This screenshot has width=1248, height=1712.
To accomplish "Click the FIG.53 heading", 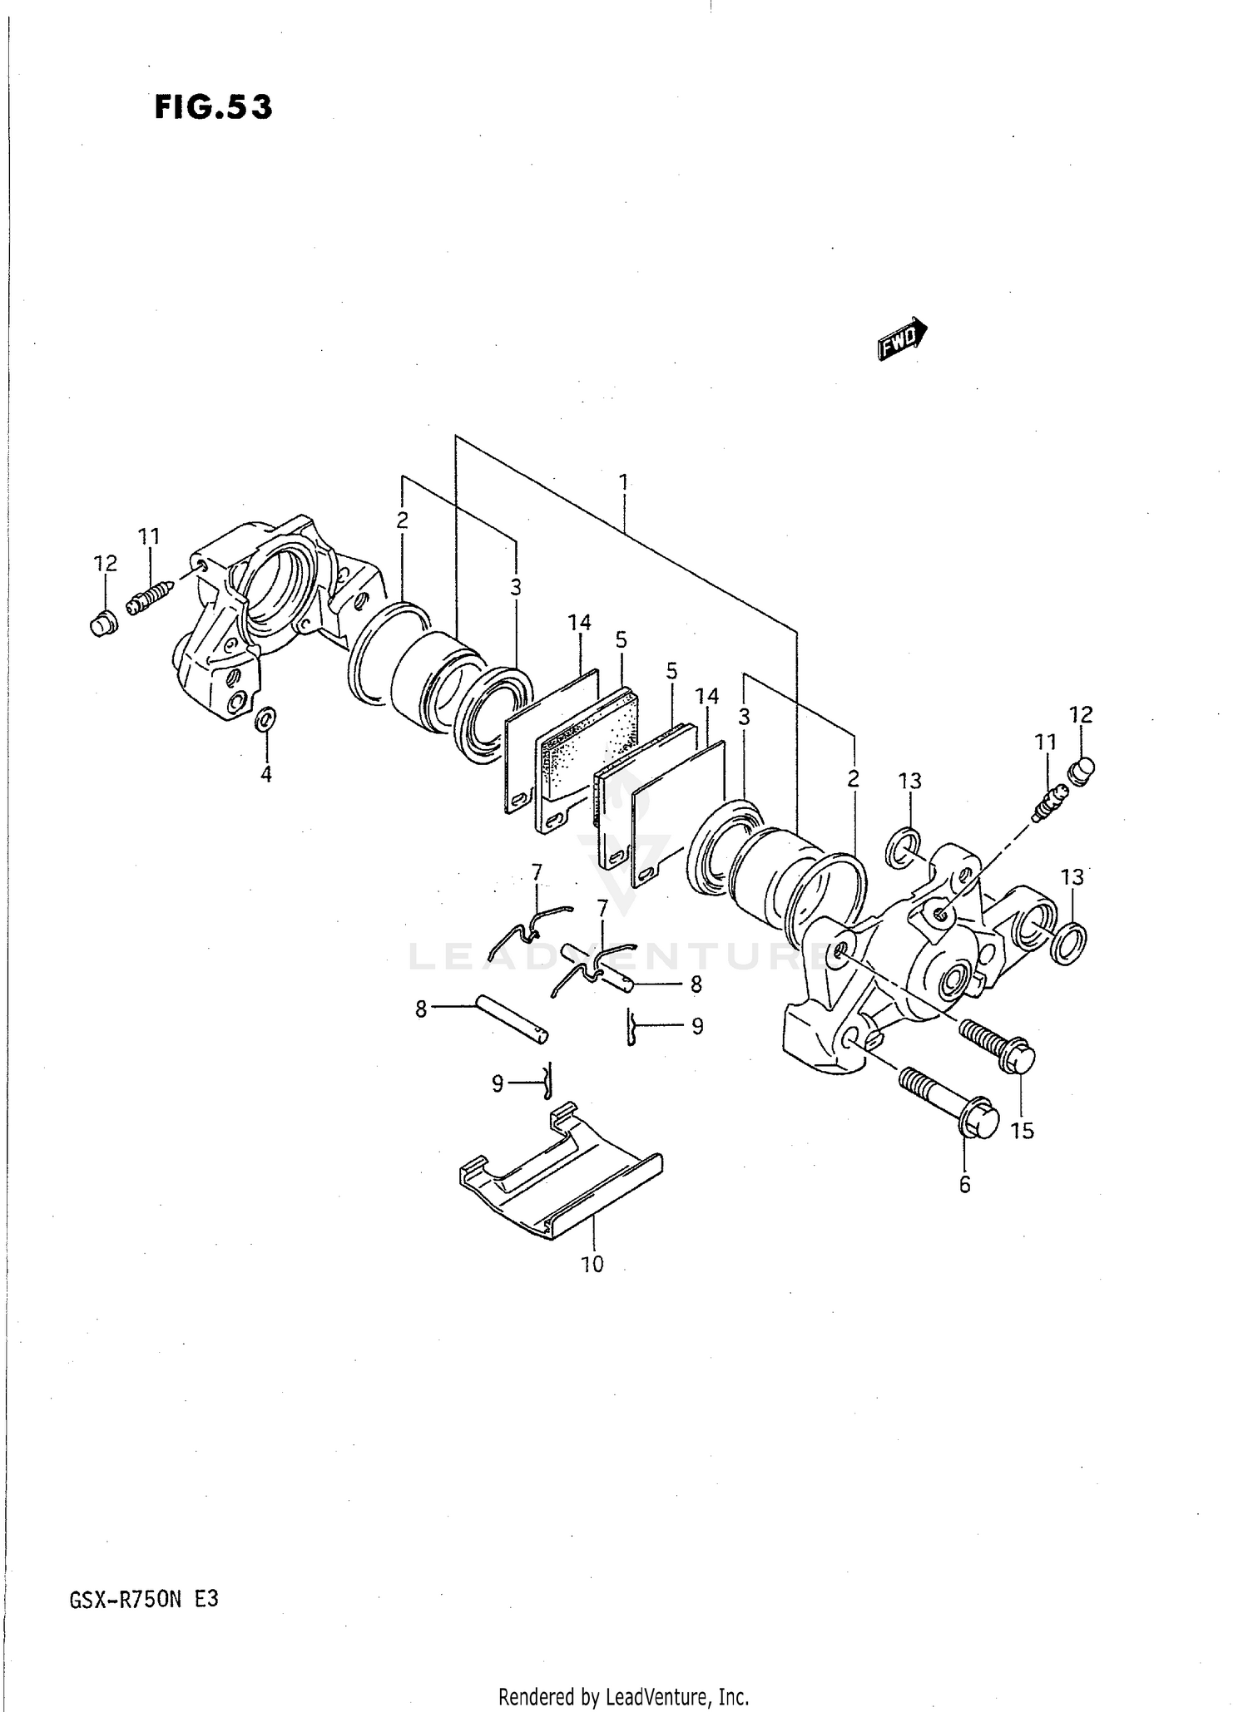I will (213, 108).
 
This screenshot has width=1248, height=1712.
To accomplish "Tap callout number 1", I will (622, 481).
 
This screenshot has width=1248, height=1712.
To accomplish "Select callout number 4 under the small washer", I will (265, 774).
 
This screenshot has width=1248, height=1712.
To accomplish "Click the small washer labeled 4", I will (266, 719).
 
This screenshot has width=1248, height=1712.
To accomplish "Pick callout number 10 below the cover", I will (592, 1264).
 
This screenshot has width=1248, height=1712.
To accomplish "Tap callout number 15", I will (1022, 1130).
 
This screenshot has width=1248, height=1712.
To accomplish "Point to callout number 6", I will (964, 1184).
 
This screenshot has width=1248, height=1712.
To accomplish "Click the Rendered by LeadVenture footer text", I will (623, 1696).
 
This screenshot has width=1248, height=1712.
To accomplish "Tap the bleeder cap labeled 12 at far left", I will (102, 622).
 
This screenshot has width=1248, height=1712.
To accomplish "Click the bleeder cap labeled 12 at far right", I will (1081, 771).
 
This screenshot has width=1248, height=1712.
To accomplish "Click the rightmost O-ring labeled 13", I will (1068, 942).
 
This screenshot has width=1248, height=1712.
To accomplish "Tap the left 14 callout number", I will (579, 622).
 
